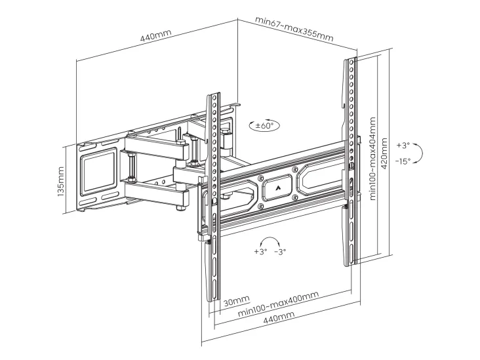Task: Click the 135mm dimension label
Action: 60,182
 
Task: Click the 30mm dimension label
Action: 236,301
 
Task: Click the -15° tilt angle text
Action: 403,161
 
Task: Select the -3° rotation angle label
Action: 280,252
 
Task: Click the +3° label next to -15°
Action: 403,145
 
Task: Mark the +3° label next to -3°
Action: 260,252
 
